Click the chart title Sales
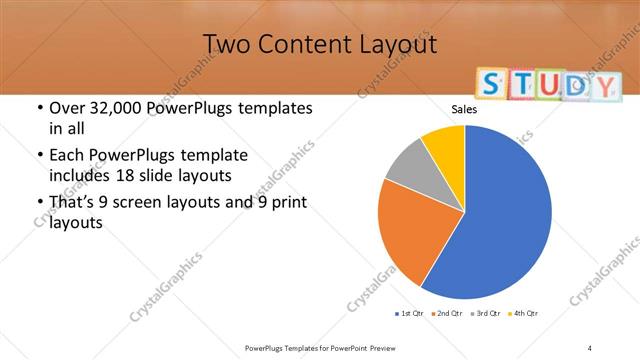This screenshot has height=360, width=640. pos(464,110)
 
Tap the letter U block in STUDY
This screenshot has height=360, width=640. pos(542,86)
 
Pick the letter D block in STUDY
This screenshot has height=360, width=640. pos(574,87)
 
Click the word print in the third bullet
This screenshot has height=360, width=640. pos(287,204)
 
